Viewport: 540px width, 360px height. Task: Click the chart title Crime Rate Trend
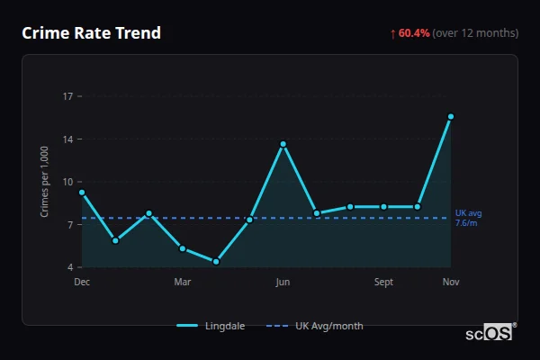click(x=91, y=33)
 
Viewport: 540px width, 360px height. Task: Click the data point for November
click(x=451, y=116)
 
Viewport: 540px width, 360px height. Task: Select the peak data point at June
click(x=283, y=144)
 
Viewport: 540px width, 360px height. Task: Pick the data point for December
click(x=82, y=192)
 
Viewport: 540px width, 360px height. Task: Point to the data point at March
click(x=183, y=248)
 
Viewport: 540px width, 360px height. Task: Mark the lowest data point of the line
click(x=216, y=262)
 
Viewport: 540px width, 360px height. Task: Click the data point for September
click(x=383, y=207)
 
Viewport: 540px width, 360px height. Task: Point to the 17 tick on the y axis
click(x=67, y=95)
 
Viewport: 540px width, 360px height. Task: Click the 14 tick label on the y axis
click(x=67, y=139)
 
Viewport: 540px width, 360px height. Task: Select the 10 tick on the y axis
click(x=67, y=182)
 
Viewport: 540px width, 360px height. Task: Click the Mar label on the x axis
click(x=183, y=282)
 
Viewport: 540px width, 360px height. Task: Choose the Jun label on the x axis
click(x=283, y=282)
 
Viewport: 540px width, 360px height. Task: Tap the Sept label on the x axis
click(x=383, y=282)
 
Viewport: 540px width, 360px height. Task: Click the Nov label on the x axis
click(x=451, y=282)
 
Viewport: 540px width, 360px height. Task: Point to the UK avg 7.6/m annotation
click(x=468, y=218)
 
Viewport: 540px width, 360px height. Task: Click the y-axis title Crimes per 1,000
click(x=45, y=182)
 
